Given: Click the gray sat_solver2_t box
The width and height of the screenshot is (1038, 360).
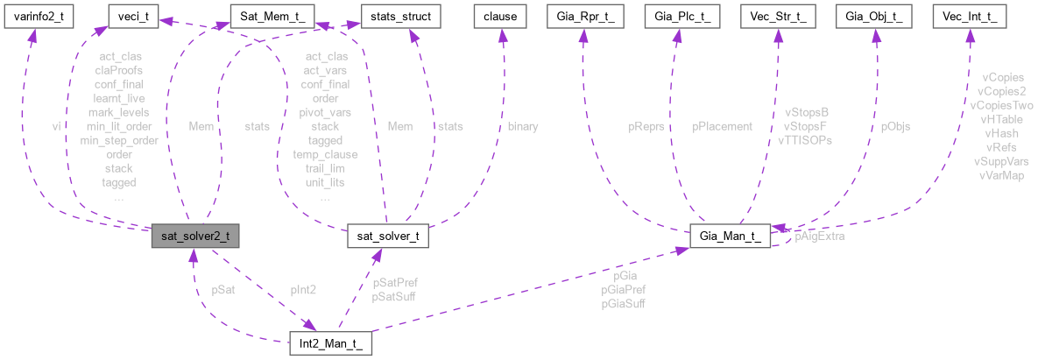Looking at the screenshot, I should (194, 236).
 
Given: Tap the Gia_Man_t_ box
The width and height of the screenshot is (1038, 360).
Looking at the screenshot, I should (730, 236).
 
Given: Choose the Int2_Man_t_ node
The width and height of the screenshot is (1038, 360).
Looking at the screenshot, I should (331, 343).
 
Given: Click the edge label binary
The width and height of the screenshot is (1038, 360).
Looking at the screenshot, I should (523, 126).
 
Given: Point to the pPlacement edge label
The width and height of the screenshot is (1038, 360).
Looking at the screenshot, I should (722, 126).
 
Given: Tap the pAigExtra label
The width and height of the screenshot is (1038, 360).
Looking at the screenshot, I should (820, 236).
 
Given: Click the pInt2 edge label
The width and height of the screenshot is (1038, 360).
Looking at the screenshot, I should (303, 290).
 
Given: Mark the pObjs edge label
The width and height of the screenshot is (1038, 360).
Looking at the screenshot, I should (895, 126).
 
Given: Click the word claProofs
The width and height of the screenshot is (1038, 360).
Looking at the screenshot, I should (119, 70).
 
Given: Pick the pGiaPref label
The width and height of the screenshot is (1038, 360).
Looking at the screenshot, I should (623, 290).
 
